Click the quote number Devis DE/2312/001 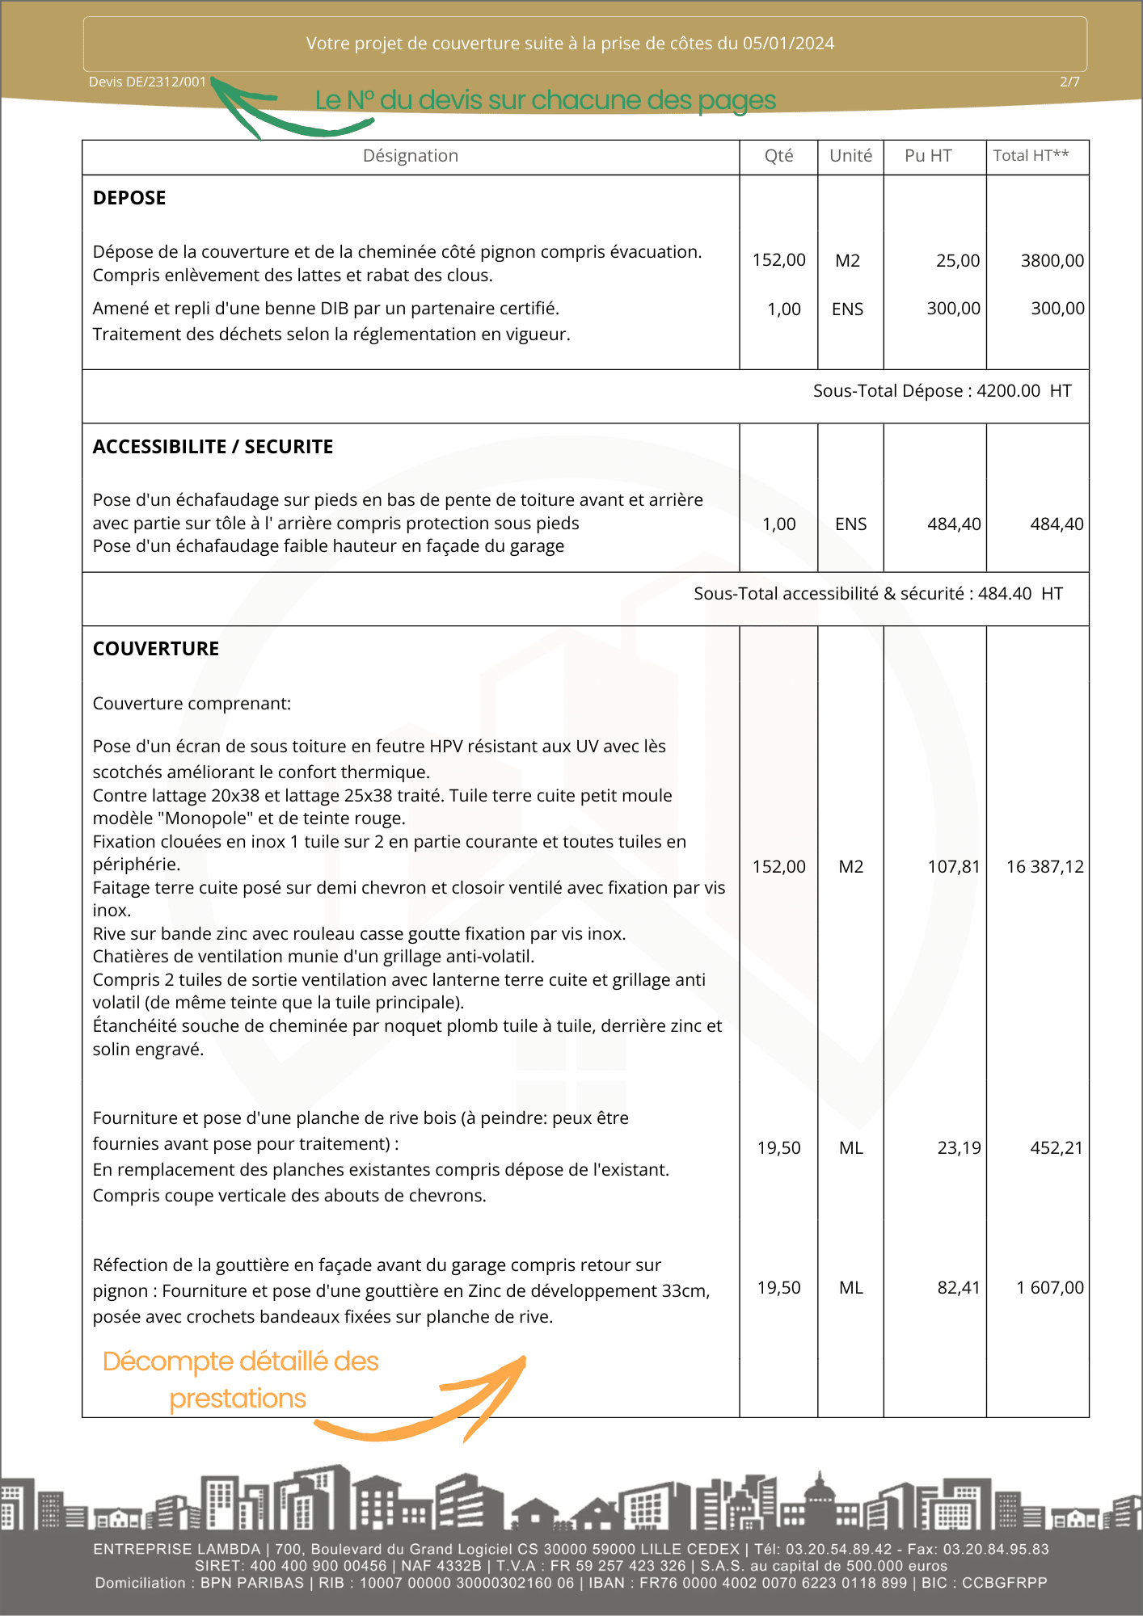coord(147,82)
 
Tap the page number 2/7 coord(1069,82)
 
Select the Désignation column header coord(410,156)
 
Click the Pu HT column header coord(928,156)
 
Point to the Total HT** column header coord(1031,156)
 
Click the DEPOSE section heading coord(129,198)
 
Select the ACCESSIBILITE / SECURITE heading coord(213,447)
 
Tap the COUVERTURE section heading coord(156,649)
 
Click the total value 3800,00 coord(1052,260)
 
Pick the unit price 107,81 coord(953,867)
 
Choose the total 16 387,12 coord(1044,867)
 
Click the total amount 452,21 coord(1056,1148)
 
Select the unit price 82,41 coord(958,1288)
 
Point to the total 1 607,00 coord(1049,1288)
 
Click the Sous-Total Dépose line coord(942,391)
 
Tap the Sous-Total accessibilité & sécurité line coord(878,594)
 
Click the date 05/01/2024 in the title coord(788,44)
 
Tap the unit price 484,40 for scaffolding coord(954,524)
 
